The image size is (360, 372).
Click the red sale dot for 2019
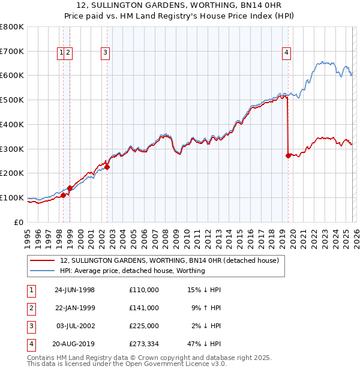click(x=288, y=155)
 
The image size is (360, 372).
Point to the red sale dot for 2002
click(x=107, y=167)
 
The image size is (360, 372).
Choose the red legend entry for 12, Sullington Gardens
click(x=169, y=261)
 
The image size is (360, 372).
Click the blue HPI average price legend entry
click(x=133, y=271)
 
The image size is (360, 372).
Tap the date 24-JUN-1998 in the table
click(x=74, y=290)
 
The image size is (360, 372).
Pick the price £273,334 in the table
click(x=143, y=344)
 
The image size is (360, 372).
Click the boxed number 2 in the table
click(x=31, y=308)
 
